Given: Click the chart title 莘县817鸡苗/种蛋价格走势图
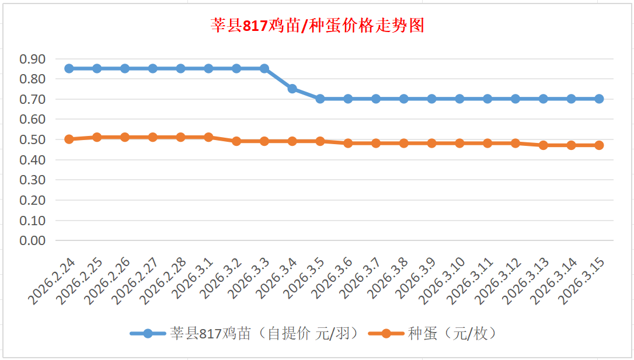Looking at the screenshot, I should (317, 26).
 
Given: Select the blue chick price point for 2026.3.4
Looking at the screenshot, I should (292, 89).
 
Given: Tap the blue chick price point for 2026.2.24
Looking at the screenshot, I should (69, 68).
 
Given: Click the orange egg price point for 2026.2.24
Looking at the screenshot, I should (69, 139).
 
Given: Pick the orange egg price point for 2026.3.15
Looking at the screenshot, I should (599, 145).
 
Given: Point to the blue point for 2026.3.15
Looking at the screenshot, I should (599, 99).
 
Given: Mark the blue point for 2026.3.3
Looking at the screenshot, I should (264, 68).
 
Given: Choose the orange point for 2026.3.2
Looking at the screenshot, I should (236, 141).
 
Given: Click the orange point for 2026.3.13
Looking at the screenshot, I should (544, 145).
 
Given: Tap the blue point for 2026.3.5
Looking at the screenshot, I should (320, 99).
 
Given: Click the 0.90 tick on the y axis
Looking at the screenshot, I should (33, 59).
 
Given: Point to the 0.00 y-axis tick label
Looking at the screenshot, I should (33, 240).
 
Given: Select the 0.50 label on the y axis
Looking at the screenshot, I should (33, 139).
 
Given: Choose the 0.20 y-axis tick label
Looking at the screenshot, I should (33, 200).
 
